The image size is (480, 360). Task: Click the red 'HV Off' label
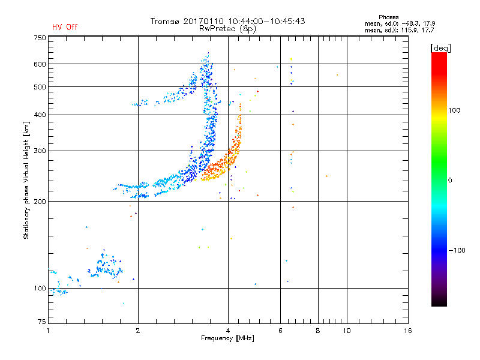tap(64, 27)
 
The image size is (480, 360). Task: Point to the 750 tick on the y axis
tap(40, 37)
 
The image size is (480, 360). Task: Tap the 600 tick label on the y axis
tap(40, 64)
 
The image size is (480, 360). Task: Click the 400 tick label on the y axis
tap(40, 115)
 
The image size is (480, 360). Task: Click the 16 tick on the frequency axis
tap(407, 331)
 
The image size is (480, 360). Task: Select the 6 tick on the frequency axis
tap(280, 331)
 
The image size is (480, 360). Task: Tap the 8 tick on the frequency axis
tap(317, 331)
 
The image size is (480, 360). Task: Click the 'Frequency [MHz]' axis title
tap(227, 339)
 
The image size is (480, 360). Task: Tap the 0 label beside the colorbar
tap(450, 180)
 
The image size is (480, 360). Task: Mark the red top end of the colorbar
tap(439, 55)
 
